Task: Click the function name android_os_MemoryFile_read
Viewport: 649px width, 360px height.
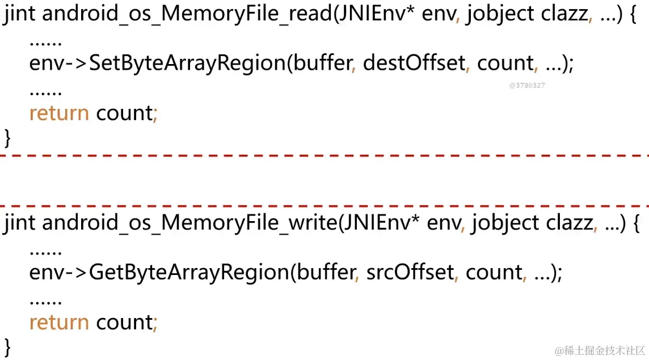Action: click(x=187, y=14)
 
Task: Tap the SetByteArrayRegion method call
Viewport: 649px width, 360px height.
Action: click(x=187, y=63)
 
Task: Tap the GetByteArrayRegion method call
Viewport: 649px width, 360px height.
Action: click(x=189, y=273)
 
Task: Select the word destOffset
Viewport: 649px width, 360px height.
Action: click(x=414, y=63)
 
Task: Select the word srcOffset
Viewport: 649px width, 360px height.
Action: click(x=410, y=273)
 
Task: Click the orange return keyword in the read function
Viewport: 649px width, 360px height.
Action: click(x=59, y=113)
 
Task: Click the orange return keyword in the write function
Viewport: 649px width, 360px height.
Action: click(x=59, y=323)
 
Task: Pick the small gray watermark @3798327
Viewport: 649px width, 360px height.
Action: click(x=527, y=85)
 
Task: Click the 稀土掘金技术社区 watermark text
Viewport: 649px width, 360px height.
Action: click(x=600, y=349)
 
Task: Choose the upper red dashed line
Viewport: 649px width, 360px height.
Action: click(x=324, y=155)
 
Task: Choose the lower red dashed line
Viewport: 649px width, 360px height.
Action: click(x=324, y=206)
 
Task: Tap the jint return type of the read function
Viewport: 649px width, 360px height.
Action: click(x=20, y=14)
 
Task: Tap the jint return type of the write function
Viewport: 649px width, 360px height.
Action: click(x=20, y=223)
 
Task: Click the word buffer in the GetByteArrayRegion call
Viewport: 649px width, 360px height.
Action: click(x=326, y=273)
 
